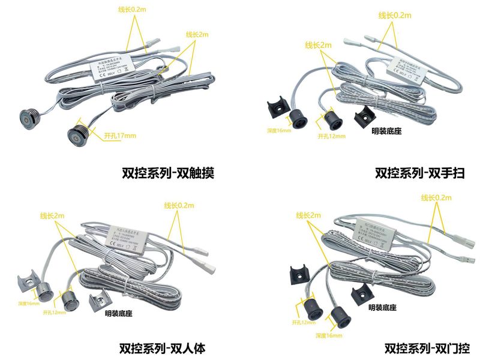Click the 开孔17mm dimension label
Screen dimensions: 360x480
click(119, 135)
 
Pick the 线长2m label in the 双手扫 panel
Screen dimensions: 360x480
click(318, 45)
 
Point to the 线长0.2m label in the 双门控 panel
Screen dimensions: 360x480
click(436, 197)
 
